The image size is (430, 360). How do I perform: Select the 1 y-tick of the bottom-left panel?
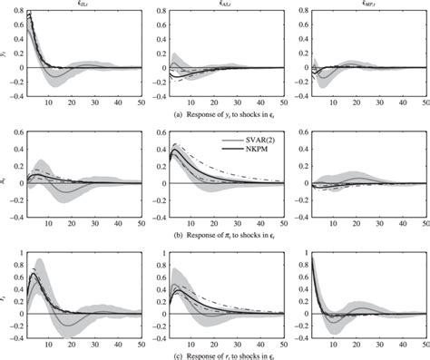click(x=19, y=251)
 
